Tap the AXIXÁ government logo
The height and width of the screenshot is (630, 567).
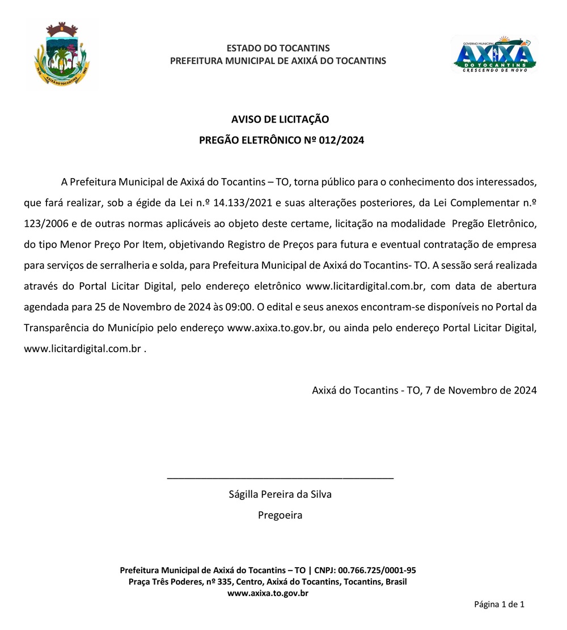tap(493, 54)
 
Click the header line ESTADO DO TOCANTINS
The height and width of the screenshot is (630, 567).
tap(278, 48)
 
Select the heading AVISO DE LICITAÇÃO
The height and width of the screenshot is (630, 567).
tap(280, 119)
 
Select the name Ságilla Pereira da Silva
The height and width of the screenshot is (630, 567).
tap(280, 494)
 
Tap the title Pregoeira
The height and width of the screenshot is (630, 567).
tap(280, 515)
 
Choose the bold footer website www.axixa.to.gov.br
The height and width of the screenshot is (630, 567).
tap(268, 593)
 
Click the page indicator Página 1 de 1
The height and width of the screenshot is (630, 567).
tap(499, 604)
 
